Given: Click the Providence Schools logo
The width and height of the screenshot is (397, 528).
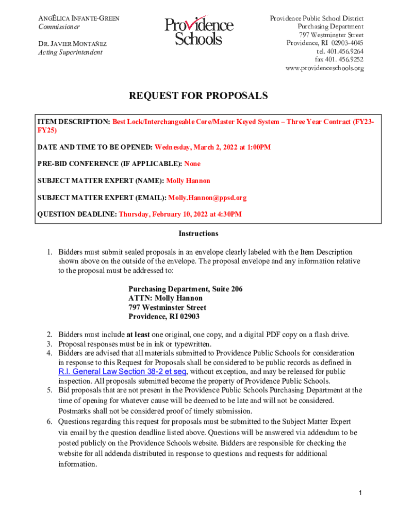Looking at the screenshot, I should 198,31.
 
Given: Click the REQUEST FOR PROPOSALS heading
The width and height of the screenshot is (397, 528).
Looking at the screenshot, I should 198,96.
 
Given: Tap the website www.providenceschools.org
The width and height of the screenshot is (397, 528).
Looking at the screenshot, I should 324,68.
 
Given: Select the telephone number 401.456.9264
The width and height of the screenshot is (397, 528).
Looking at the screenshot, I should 340,52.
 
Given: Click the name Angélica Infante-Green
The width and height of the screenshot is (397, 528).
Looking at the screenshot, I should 79,19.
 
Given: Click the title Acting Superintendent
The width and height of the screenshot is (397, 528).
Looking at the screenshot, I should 71,52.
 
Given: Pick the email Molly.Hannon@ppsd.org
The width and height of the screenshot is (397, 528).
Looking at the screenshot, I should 208,197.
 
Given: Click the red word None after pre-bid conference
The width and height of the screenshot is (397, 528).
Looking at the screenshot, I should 192,164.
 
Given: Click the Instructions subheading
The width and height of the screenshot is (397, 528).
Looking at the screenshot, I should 198,234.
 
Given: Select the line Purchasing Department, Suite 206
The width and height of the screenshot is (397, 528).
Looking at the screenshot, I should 185,289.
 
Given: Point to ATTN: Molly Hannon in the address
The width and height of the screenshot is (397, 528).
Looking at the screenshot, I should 165,298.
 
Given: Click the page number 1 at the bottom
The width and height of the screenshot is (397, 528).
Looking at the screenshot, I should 361,493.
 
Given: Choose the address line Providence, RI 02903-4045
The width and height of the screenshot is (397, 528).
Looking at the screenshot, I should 325,43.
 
